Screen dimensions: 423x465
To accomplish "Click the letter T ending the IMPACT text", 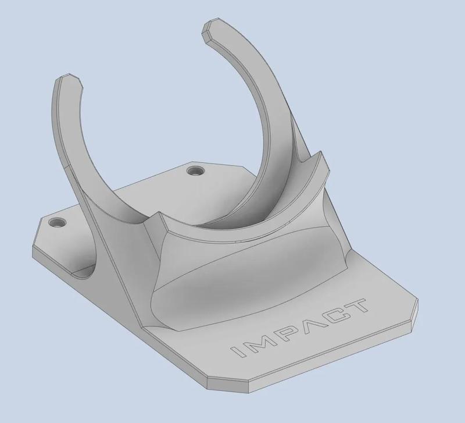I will tap(356, 304).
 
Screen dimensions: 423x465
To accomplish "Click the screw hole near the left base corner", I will tap(56, 223).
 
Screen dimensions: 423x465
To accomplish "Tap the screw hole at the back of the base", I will tap(195, 171).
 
